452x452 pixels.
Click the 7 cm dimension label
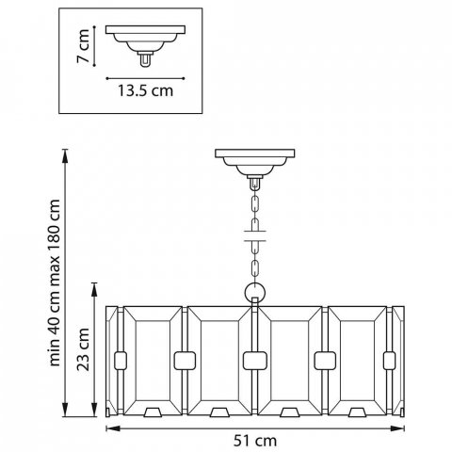pyautogui.click(x=84, y=46)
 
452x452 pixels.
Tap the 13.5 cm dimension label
pyautogui.click(x=145, y=90)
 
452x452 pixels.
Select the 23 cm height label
pyautogui.click(x=84, y=349)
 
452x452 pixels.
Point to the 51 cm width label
pyautogui.click(x=255, y=441)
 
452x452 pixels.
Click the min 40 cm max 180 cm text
pyautogui.click(x=55, y=282)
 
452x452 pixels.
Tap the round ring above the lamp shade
pyautogui.click(x=255, y=292)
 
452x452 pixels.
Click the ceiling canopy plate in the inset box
pyautogui.click(x=145, y=30)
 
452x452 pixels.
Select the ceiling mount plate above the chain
pyautogui.click(x=255, y=153)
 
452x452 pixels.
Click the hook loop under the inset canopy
pyautogui.click(x=145, y=59)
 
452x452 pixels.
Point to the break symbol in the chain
pyautogui.click(x=255, y=236)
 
